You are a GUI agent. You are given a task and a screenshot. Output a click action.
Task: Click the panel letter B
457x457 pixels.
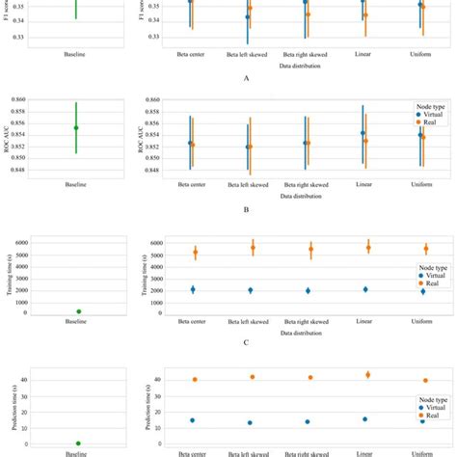[247, 208]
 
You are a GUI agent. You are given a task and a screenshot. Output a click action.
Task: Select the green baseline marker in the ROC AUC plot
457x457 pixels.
[76, 127]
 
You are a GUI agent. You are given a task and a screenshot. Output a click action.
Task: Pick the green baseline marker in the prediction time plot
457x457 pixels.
[78, 444]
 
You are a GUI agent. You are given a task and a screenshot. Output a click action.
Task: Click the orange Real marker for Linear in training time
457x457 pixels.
[368, 248]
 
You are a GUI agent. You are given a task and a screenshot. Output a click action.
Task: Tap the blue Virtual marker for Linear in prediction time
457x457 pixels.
[364, 419]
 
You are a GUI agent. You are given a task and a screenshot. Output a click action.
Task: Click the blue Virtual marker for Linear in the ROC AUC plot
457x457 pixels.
[363, 133]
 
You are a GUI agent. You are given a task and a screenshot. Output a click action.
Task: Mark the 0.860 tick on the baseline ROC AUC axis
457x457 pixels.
[30, 100]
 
